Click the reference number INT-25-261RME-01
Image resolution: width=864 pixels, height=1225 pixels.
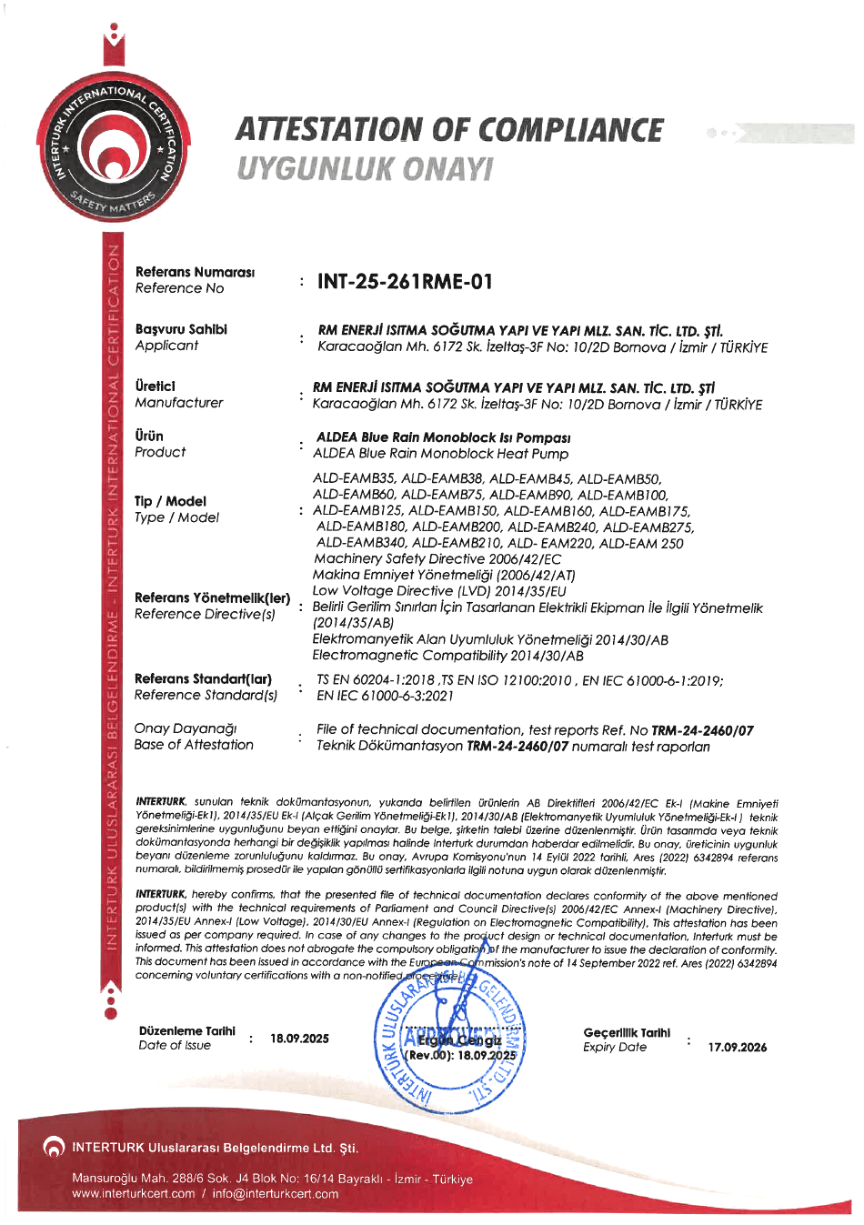coord(405,282)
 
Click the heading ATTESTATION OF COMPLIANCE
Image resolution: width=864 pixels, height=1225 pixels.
coord(450,130)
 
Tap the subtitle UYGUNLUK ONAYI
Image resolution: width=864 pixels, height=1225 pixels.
coord(365,169)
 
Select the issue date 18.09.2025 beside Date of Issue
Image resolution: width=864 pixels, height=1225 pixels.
coord(299,1039)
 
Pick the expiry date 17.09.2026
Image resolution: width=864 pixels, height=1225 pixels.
coord(737,1048)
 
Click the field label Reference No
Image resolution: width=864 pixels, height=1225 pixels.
coord(179,288)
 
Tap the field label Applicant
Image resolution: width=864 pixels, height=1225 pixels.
coord(166,346)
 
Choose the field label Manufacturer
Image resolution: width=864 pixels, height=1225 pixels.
coord(179,403)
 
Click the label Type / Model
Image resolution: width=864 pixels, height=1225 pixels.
coord(176,517)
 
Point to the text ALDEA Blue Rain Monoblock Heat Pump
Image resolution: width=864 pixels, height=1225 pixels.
coord(441,454)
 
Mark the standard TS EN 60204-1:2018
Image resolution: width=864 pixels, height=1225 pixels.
coord(375,680)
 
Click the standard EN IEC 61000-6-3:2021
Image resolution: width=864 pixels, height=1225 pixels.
coord(385,697)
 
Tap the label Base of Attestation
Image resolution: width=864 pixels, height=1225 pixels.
coord(194,745)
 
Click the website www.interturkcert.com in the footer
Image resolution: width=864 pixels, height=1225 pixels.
coord(134,1194)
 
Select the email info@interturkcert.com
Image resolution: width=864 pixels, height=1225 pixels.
coord(276,1194)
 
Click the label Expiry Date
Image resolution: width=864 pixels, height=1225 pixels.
coord(615,1048)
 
